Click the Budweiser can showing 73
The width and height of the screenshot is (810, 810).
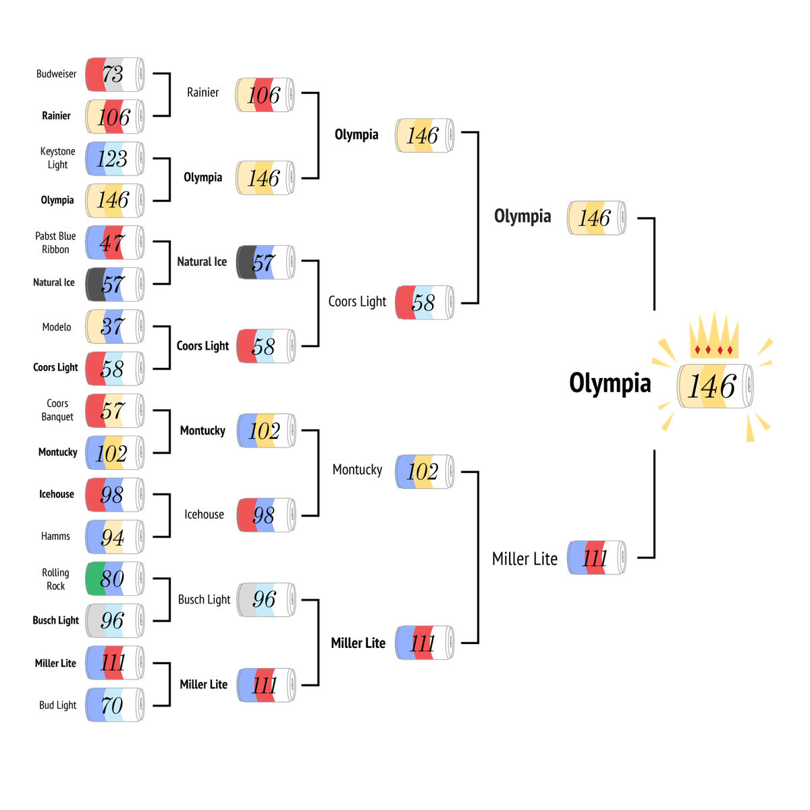coord(115,74)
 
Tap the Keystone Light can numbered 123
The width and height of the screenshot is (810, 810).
coord(115,159)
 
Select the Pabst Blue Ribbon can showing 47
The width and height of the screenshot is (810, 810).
coord(115,242)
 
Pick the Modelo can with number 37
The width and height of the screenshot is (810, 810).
coord(115,327)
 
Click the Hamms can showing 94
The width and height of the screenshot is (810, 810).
coord(115,537)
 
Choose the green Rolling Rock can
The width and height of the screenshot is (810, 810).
coord(115,578)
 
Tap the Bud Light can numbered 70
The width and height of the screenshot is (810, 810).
coord(115,705)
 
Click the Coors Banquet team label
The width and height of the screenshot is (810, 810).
coord(57,410)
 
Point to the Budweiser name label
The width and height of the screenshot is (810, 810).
coord(56,74)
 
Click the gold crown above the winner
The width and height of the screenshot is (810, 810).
coord(714,335)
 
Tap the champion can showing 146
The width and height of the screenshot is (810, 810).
coord(715,386)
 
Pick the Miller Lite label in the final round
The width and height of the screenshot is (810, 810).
coord(524,559)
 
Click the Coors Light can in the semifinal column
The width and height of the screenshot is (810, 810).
coord(425,302)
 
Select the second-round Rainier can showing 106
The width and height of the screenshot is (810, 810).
coord(265,94)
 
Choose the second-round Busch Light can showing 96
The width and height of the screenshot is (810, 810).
coord(266,600)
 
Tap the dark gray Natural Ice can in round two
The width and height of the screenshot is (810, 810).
coord(265,263)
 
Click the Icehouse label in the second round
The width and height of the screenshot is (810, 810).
coord(205,514)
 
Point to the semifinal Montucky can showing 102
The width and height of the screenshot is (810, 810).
coord(425,472)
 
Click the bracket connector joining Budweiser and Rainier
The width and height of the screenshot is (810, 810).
coord(169,94)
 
